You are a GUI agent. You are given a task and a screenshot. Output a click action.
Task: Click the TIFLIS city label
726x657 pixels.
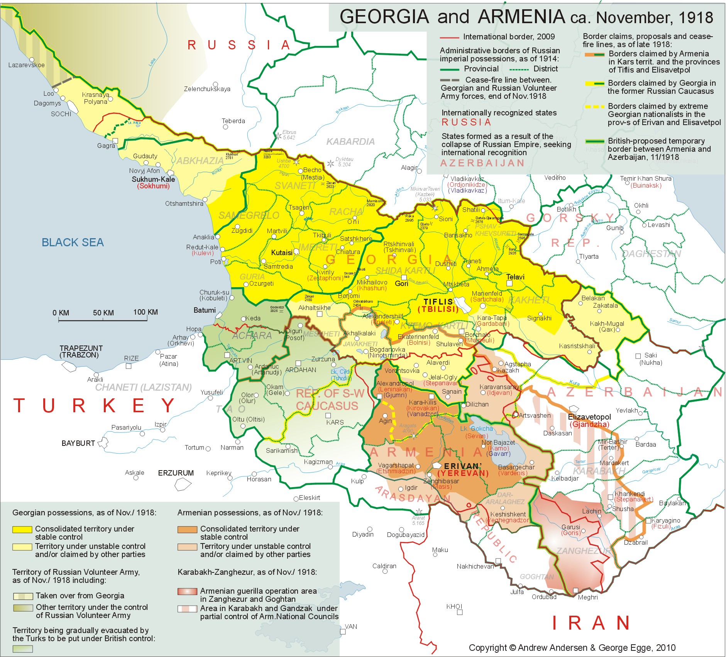[438, 301]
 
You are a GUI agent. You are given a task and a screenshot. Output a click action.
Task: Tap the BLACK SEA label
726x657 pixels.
[73, 242]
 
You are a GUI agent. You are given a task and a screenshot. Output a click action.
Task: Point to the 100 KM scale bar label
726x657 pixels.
[146, 312]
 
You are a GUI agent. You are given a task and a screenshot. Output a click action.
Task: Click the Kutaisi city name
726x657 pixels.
[282, 253]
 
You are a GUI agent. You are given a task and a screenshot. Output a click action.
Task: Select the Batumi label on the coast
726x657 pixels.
[205, 310]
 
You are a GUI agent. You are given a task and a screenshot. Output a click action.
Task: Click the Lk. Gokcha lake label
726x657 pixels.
[476, 428]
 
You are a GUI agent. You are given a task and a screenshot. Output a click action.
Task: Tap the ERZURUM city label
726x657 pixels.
[176, 473]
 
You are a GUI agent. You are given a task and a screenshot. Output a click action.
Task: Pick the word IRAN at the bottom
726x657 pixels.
[591, 623]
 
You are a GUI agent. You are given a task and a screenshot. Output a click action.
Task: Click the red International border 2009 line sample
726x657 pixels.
[449, 37]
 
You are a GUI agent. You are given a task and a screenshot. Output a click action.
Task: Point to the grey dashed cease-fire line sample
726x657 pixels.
[450, 80]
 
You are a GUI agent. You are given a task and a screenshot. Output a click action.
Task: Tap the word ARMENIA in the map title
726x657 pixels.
[521, 17]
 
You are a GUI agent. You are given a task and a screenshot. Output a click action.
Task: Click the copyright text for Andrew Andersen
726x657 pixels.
[572, 648]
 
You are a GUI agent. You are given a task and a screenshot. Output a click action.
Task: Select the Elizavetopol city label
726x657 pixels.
[589, 417]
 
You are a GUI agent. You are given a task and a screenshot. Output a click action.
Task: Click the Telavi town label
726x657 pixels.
[515, 277]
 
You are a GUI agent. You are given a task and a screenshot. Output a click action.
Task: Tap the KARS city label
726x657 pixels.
[335, 422]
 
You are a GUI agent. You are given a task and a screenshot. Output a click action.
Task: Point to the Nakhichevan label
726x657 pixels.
[475, 566]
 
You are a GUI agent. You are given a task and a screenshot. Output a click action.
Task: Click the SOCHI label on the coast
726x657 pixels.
[61, 114]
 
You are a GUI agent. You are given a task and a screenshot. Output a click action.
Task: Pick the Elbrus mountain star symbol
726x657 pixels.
[278, 135]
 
